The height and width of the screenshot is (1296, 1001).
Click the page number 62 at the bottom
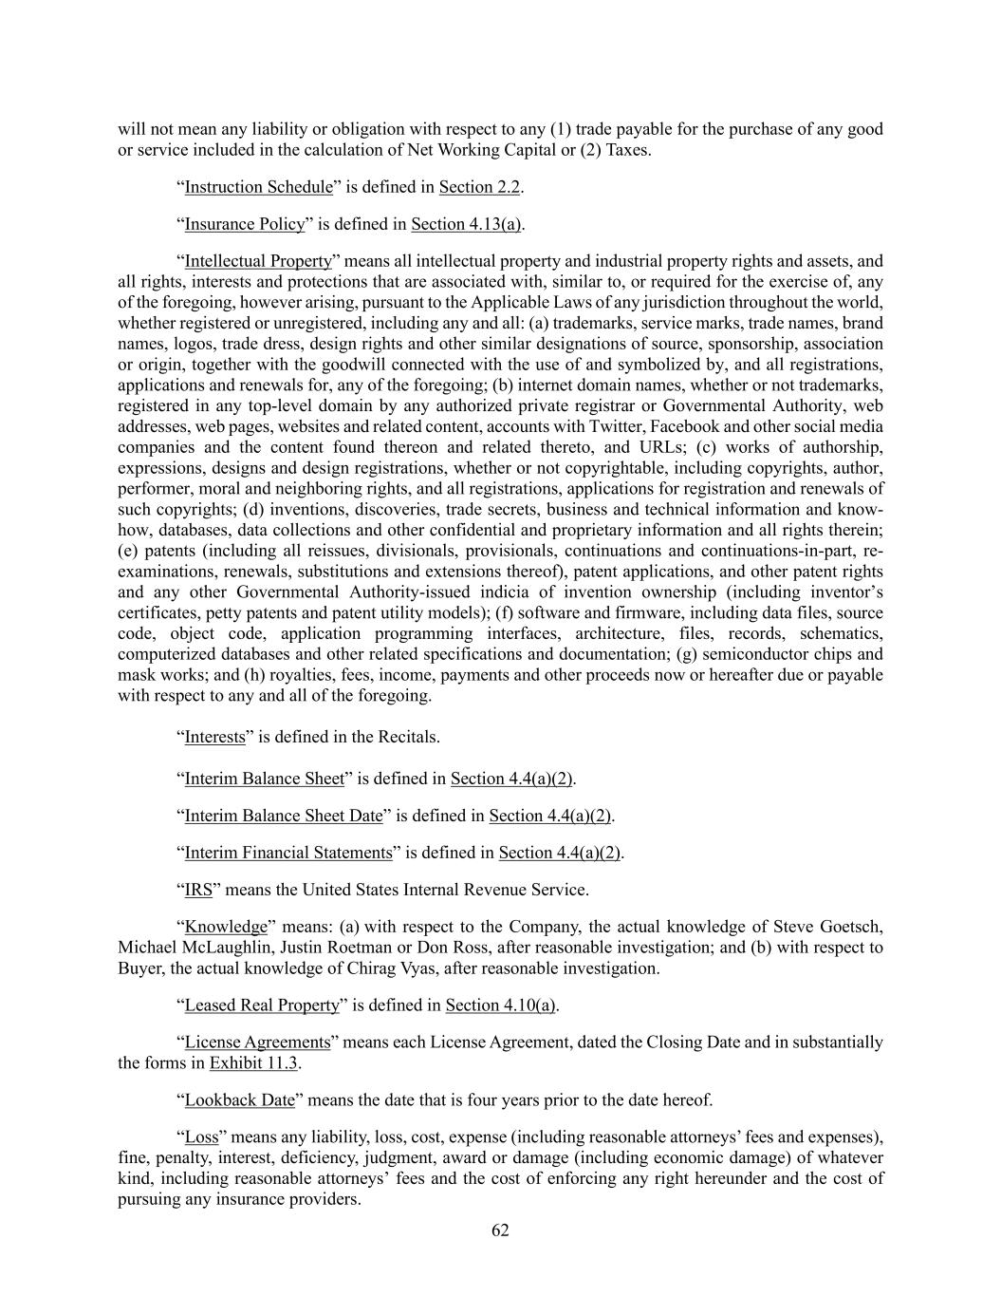[x=500, y=1230]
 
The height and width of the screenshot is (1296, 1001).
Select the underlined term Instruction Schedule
[x=258, y=187]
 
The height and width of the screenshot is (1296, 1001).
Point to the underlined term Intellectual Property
[x=258, y=261]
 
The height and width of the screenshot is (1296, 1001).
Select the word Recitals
[x=407, y=737]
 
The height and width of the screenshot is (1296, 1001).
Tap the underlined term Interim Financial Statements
[x=287, y=853]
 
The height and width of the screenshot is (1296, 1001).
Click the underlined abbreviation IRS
[x=198, y=891]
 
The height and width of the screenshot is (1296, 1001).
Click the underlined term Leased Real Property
[x=261, y=1005]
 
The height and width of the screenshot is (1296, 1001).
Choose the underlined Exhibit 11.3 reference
[x=253, y=1063]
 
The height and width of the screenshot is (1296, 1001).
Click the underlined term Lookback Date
[x=239, y=1100]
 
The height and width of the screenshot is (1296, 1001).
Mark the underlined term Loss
[x=201, y=1137]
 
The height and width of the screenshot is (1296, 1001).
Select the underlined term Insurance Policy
[x=244, y=224]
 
